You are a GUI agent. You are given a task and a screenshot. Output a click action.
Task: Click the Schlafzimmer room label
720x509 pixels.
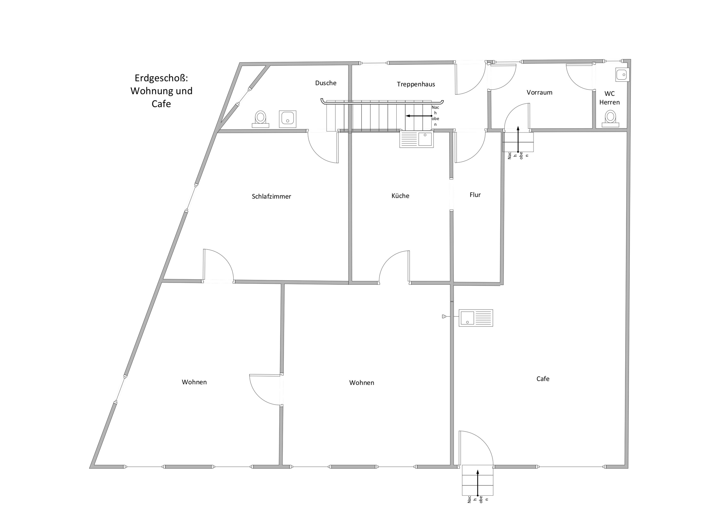click(x=271, y=197)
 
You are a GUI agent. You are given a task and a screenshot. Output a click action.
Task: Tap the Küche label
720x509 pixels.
click(x=400, y=196)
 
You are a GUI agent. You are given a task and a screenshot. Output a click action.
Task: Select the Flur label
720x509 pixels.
click(x=475, y=195)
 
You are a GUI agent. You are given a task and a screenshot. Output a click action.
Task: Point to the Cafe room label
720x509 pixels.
click(x=543, y=379)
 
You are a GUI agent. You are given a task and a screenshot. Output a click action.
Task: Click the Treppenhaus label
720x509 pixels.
click(x=416, y=84)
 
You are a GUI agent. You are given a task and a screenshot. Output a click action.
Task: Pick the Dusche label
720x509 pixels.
click(x=326, y=83)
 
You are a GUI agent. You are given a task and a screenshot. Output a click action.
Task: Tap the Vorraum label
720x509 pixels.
click(x=539, y=93)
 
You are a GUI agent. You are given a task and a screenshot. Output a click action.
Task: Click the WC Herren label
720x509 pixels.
click(x=609, y=98)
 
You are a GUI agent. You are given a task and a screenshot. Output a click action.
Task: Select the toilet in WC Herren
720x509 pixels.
click(x=610, y=119)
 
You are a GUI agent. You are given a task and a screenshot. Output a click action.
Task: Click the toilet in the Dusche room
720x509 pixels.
click(x=260, y=119)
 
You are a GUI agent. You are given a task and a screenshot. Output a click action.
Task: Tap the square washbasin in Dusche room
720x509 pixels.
click(x=288, y=119)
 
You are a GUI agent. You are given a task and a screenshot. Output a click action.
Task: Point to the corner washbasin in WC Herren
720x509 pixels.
click(x=622, y=75)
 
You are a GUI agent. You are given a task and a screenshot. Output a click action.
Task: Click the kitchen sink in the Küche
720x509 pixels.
click(x=417, y=139)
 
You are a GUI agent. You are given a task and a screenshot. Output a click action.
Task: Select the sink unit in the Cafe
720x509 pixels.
click(x=476, y=318)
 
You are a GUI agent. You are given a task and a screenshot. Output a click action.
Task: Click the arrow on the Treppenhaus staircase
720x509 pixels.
click(x=419, y=116)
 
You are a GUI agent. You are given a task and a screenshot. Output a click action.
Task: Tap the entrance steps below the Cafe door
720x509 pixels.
click(x=478, y=481)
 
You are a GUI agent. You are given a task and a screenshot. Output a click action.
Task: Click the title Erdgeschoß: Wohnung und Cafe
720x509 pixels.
click(x=161, y=91)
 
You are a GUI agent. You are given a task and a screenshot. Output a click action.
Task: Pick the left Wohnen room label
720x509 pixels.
click(x=194, y=382)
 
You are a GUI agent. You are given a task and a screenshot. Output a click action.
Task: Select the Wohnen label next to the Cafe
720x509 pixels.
click(x=361, y=383)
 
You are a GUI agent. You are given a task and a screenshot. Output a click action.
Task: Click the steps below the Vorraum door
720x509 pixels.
click(x=518, y=142)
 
